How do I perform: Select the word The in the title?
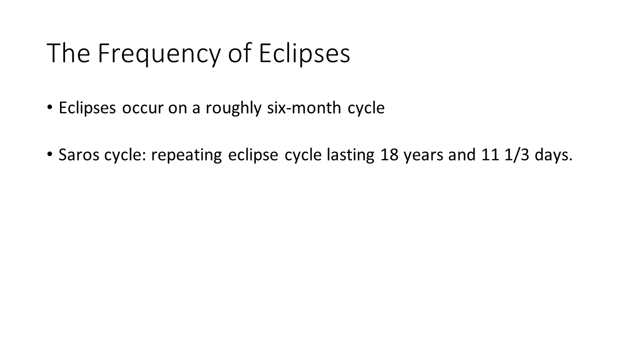point(68,52)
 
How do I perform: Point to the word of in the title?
point(239,52)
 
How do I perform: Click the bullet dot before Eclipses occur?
point(49,107)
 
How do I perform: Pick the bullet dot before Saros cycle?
point(49,154)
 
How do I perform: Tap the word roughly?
point(233,108)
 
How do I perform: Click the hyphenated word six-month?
point(304,107)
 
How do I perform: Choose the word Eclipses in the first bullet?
point(87,108)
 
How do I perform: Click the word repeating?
point(186,155)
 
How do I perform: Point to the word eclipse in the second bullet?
point(253,155)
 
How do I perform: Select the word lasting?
point(350,155)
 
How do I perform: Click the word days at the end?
point(551,155)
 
